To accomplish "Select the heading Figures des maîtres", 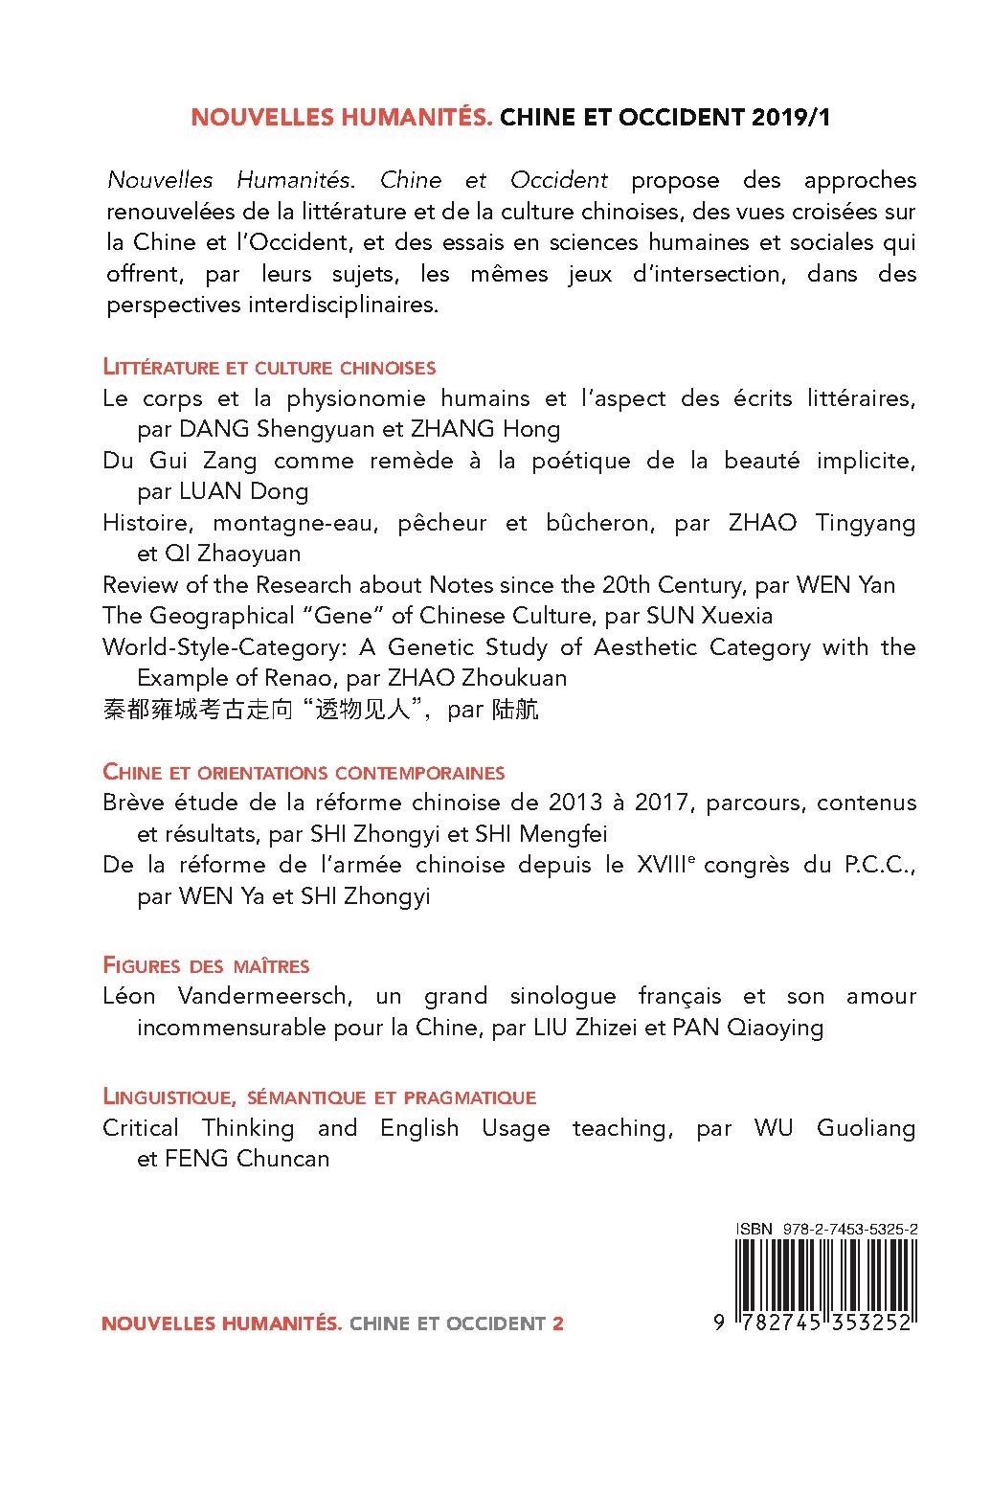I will click(206, 965).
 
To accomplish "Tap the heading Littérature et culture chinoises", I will click(269, 367).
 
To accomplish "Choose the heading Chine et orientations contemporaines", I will click(304, 772).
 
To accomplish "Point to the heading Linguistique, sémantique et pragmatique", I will click(319, 1097).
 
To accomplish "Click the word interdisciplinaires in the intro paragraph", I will click(335, 305).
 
